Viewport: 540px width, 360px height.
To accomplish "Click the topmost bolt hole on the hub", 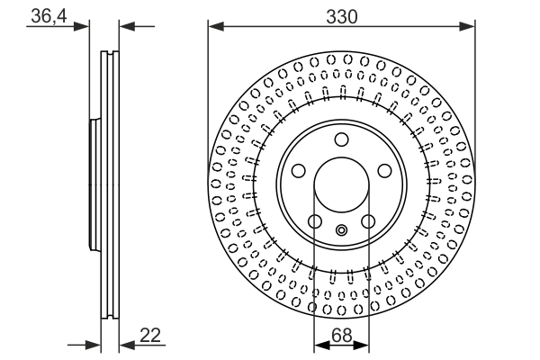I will (x=341, y=139).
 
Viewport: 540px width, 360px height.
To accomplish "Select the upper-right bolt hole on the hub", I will (x=384, y=171).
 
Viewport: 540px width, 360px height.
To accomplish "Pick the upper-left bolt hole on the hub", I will (x=298, y=171).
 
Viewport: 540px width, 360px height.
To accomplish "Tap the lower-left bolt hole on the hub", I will (x=314, y=221).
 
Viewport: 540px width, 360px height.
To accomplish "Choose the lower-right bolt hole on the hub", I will (x=368, y=221).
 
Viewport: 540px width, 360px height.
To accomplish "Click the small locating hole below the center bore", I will (x=341, y=230).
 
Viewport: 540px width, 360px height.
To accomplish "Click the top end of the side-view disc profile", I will (x=109, y=51).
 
